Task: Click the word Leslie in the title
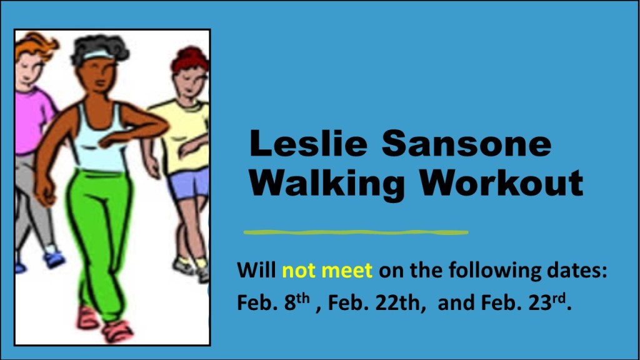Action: coord(309,143)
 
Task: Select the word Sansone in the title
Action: coord(466,143)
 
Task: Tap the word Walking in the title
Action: coord(327,182)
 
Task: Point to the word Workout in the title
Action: coord(502,182)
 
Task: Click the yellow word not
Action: coord(298,270)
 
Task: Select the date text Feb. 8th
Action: coord(274,302)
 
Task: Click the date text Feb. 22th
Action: coord(374,302)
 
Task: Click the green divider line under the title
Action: coord(356,232)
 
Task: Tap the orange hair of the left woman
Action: coord(35,46)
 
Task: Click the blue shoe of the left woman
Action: coord(54,260)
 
